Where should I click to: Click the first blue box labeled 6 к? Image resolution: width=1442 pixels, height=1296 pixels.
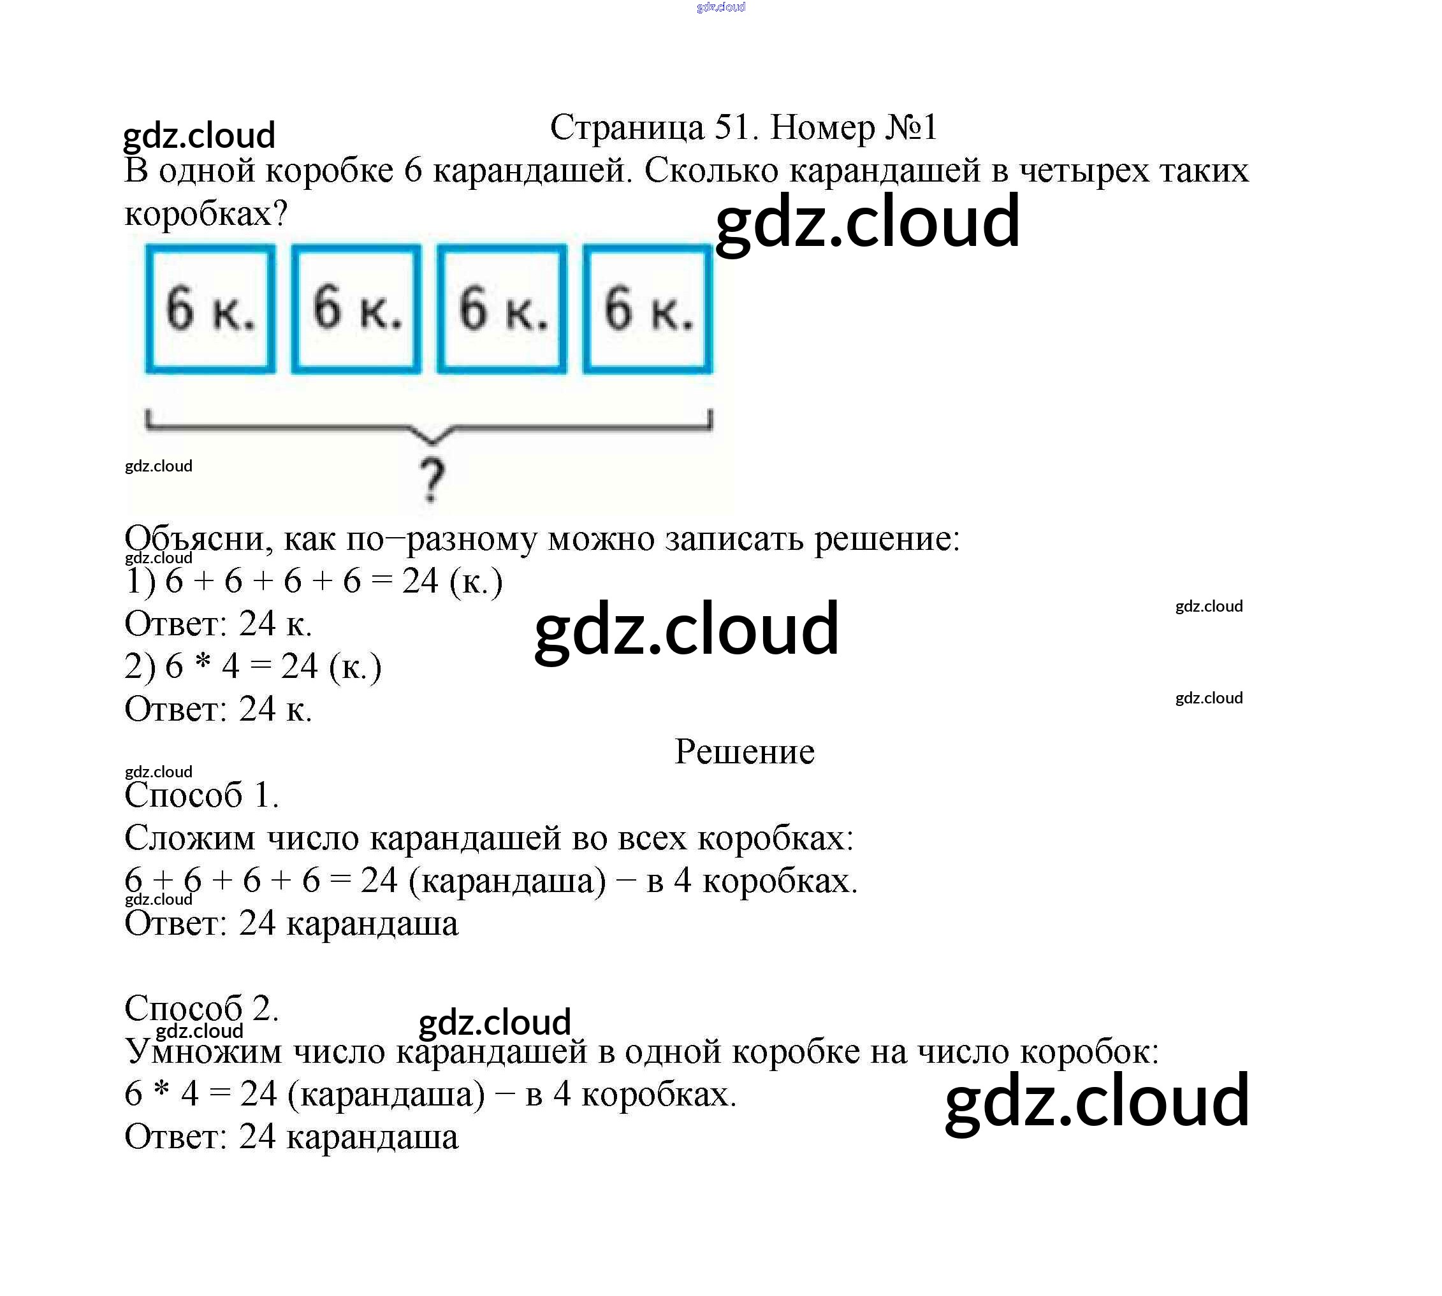point(210,308)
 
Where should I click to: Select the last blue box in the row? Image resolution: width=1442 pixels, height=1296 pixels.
point(648,308)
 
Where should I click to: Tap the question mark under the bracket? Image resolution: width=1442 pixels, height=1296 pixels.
point(431,480)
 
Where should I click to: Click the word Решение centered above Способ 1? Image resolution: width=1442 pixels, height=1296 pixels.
point(744,752)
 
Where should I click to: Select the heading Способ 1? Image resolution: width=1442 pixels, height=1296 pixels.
point(201,795)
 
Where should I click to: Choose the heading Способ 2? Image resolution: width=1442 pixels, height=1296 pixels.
point(201,1008)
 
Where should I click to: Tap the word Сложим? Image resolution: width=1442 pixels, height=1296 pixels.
point(189,838)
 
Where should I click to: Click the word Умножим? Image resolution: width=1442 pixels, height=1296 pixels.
point(203,1052)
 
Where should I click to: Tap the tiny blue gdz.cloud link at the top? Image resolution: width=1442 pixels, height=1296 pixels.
point(721,7)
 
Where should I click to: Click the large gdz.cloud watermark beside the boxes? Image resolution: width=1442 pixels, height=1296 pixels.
point(868,222)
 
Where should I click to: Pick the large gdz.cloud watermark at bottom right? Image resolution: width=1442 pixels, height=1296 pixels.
point(1097,1101)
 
